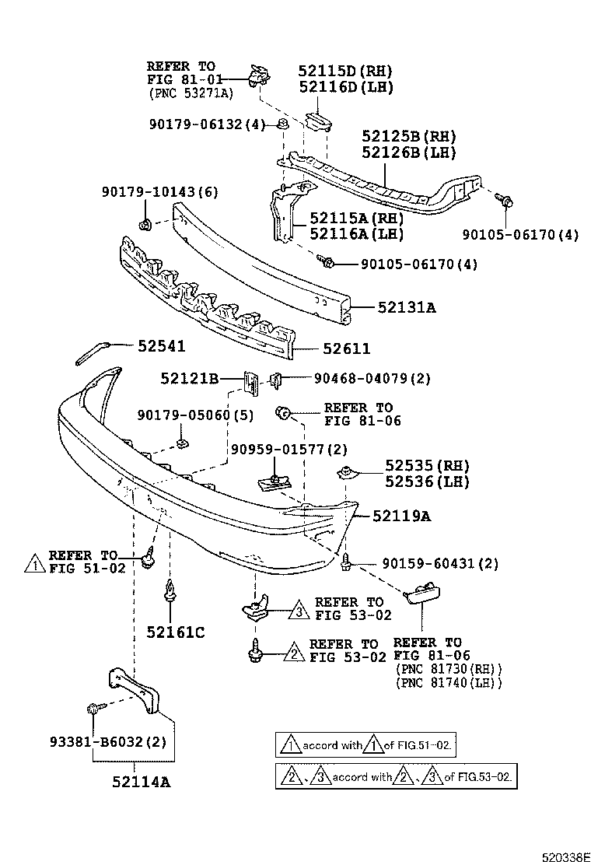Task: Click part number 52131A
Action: [407, 308]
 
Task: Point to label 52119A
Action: [401, 515]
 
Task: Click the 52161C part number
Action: [175, 632]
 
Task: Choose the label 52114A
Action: [143, 782]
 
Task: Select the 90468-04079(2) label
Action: [372, 379]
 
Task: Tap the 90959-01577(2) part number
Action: [289, 450]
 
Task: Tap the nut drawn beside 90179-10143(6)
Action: [145, 226]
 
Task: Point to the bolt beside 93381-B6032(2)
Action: [93, 709]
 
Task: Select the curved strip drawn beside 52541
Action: [93, 350]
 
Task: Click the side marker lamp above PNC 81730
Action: [422, 597]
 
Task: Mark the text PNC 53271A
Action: [191, 93]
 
